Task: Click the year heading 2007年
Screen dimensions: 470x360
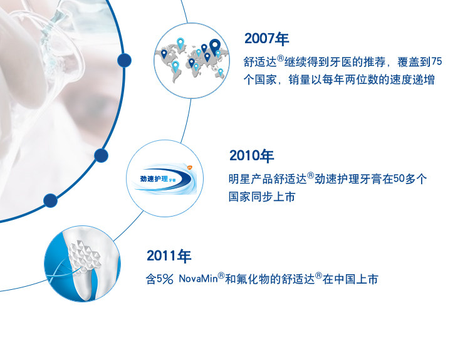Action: [266, 39]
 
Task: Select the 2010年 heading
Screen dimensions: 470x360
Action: [251, 156]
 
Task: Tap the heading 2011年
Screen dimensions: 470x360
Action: [169, 256]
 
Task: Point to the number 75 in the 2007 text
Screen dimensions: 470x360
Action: [436, 61]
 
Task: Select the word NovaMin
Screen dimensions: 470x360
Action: [198, 279]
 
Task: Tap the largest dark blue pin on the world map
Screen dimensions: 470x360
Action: [215, 46]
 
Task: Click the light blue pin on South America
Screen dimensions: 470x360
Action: [175, 66]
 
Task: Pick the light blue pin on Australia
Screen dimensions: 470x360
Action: [221, 72]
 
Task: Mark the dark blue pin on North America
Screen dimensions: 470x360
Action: [164, 54]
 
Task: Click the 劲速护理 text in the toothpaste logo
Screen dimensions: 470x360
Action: [154, 179]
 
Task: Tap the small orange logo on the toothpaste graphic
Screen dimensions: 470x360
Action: [189, 167]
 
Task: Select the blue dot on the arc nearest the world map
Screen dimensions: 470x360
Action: [124, 60]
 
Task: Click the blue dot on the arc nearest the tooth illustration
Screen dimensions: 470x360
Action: [50, 200]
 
